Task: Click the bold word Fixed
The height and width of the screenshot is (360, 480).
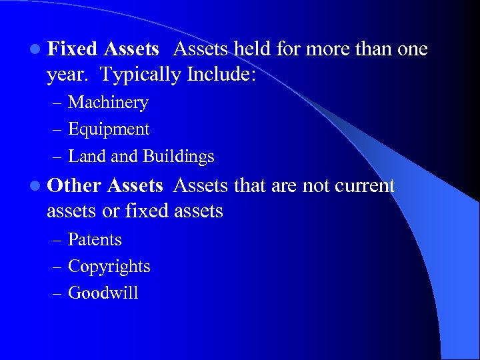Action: coord(73,49)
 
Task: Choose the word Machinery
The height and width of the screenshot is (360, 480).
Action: coord(108,103)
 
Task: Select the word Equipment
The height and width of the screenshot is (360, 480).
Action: coord(109,130)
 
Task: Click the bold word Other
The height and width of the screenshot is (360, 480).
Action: coord(74,185)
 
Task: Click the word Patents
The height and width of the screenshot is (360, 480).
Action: coord(95,239)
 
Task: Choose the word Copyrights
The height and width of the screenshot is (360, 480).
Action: coord(109,267)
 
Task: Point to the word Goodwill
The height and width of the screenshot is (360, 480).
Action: coord(103,293)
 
